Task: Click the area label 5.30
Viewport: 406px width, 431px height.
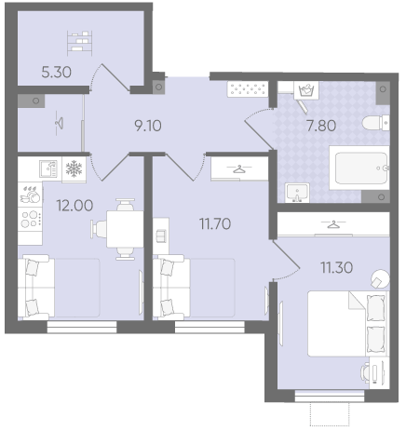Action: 56,73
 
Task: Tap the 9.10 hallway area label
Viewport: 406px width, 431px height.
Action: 148,126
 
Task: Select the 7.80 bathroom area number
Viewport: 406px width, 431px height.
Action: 321,126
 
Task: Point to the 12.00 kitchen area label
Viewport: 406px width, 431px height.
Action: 74,206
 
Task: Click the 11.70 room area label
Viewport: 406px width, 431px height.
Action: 215,223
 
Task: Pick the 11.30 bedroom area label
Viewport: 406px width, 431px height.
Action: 337,267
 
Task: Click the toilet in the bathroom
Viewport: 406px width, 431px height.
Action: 375,123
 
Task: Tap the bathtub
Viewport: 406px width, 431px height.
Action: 359,168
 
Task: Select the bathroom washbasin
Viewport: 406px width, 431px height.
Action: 297,193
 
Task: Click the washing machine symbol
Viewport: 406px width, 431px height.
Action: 306,90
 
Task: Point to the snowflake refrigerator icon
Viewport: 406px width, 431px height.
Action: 74,168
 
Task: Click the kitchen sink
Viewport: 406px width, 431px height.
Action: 48,168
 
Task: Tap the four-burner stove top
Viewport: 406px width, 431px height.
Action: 31,219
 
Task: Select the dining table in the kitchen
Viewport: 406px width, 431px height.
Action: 125,229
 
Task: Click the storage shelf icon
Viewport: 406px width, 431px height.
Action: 80,43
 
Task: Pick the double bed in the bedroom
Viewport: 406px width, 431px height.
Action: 348,324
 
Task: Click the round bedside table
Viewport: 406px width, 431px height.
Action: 380,279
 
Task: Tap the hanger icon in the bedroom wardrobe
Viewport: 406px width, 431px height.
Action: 333,223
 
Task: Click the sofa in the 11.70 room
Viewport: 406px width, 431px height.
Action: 171,287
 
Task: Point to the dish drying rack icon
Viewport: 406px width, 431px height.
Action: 30,195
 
